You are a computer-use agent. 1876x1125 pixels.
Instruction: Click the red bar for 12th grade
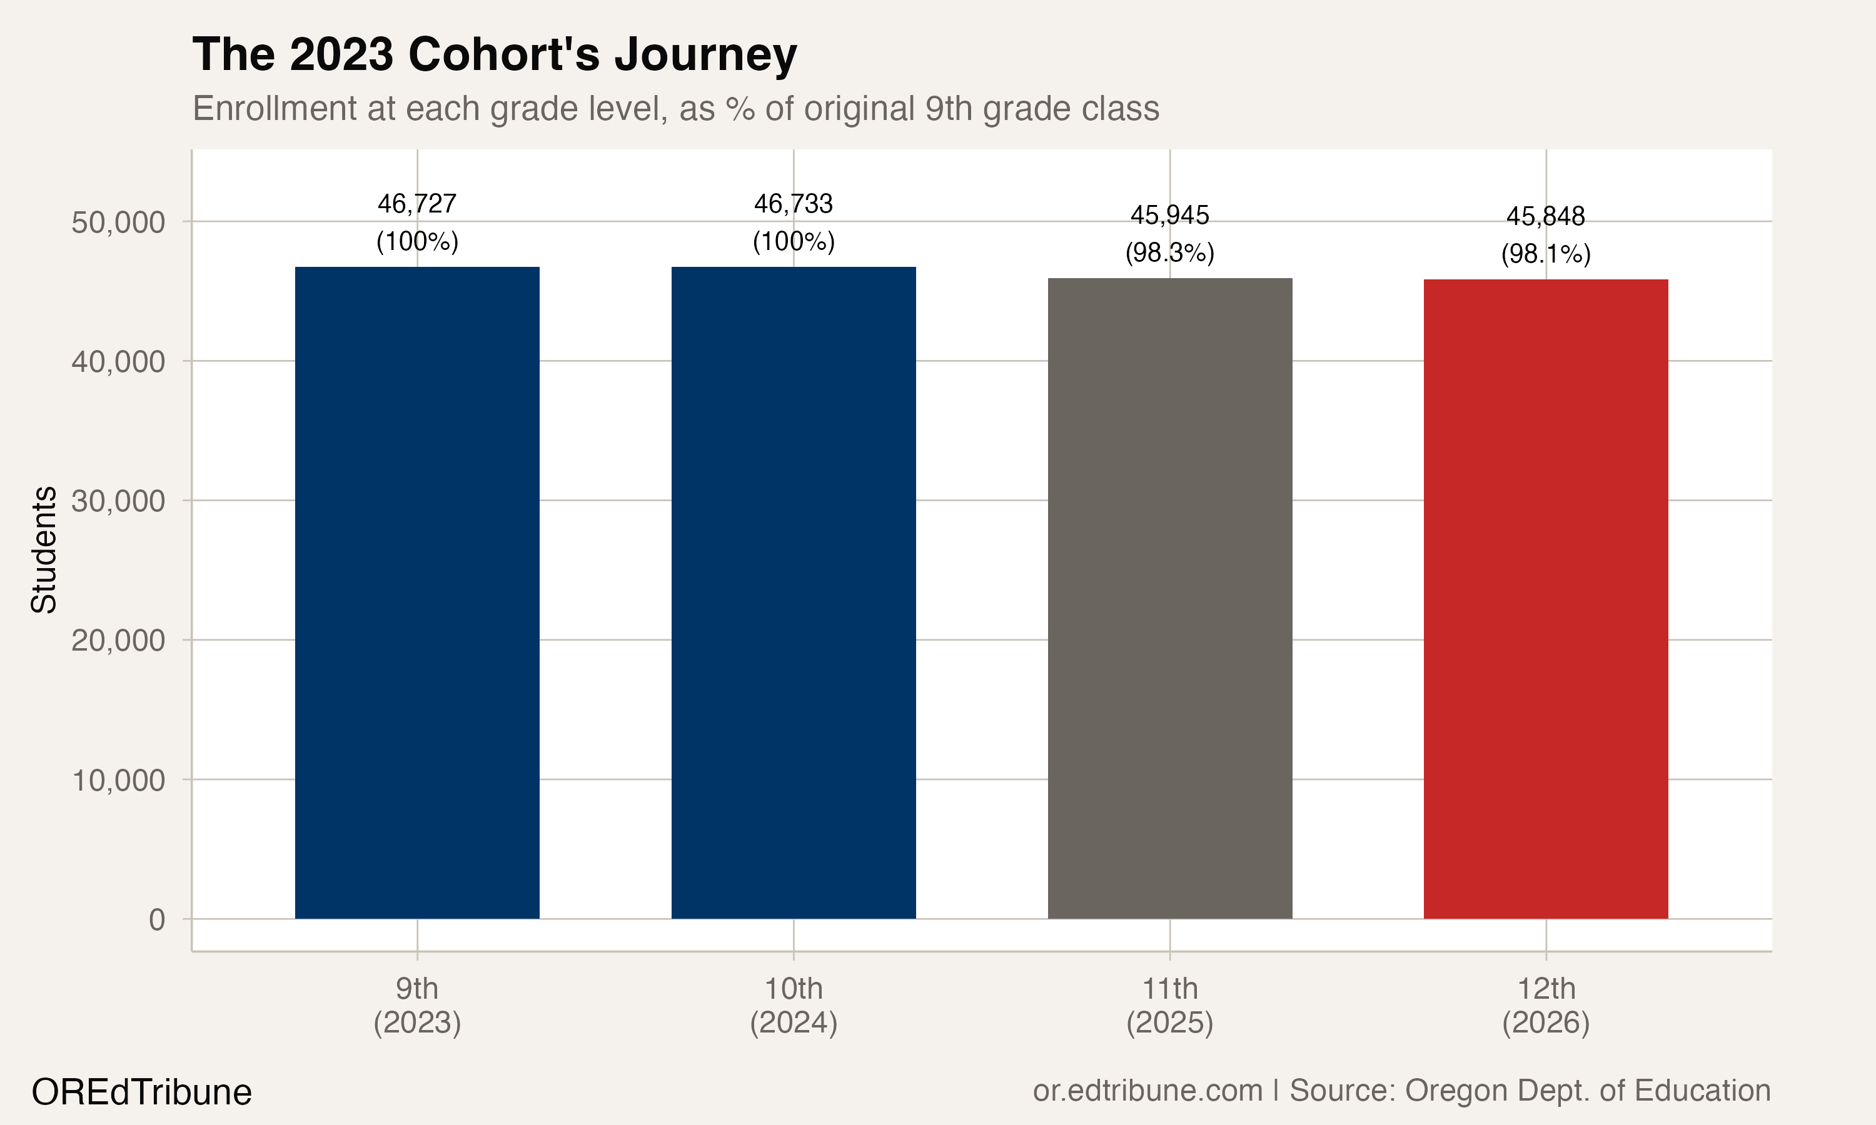[x=1545, y=599]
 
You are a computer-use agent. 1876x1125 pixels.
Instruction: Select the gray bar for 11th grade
[x=1169, y=599]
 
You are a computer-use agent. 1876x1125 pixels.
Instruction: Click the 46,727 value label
[x=417, y=204]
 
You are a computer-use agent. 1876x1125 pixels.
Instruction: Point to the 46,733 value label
[x=793, y=204]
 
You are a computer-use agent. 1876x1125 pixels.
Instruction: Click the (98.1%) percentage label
[x=1545, y=254]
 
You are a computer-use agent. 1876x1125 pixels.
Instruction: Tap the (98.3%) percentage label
[x=1169, y=252]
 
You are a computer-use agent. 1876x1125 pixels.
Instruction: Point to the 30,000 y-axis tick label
[x=118, y=501]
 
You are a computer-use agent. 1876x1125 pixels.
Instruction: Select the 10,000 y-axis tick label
[x=118, y=780]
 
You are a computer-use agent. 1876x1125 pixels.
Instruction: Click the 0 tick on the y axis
[x=157, y=919]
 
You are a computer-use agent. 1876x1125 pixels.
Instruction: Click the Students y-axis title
[x=44, y=549]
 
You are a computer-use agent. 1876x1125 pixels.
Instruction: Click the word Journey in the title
[x=705, y=54]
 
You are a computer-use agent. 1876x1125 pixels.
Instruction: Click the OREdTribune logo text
[x=142, y=1092]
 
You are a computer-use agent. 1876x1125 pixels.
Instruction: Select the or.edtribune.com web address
[x=1147, y=1091]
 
